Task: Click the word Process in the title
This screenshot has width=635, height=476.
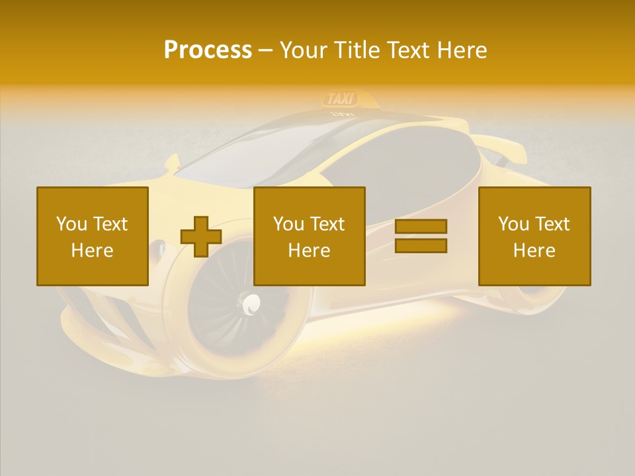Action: pyautogui.click(x=208, y=50)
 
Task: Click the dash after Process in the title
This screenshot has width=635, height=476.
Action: pyautogui.click(x=266, y=50)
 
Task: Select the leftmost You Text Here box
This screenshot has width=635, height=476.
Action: pyautogui.click(x=93, y=236)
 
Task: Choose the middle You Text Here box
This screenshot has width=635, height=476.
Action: pyautogui.click(x=310, y=236)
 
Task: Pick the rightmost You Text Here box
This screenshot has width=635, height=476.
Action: pyautogui.click(x=534, y=236)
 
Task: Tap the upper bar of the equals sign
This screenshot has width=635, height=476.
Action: pyautogui.click(x=421, y=226)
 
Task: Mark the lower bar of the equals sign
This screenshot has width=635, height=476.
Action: pyautogui.click(x=421, y=245)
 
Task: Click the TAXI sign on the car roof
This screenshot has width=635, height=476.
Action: pyautogui.click(x=341, y=99)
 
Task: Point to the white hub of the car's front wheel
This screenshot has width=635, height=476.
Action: pyautogui.click(x=252, y=304)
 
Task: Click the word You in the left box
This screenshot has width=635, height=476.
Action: pyautogui.click(x=72, y=224)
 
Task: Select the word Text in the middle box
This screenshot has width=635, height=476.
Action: pyautogui.click(x=327, y=224)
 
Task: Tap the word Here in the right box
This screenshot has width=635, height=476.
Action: pyautogui.click(x=534, y=251)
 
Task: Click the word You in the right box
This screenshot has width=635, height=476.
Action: pyautogui.click(x=514, y=224)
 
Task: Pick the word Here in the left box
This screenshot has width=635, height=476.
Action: pyautogui.click(x=93, y=251)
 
